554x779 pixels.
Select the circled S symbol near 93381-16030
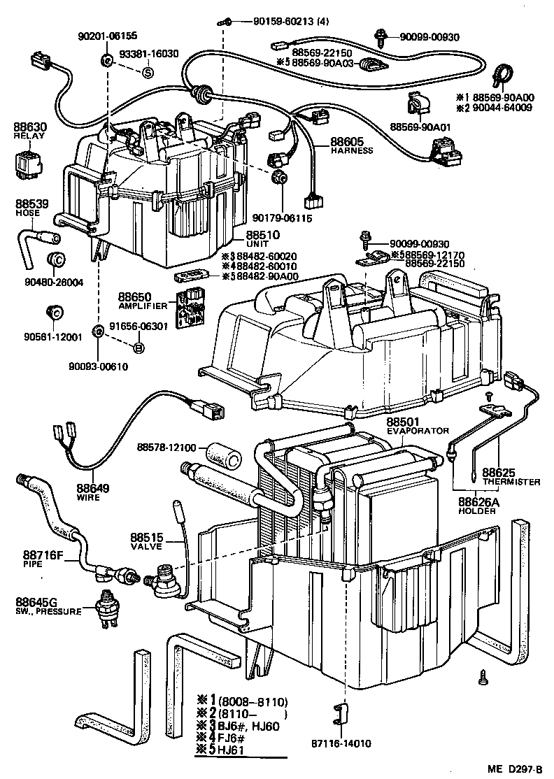pyautogui.click(x=148, y=71)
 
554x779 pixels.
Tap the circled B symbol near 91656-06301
pyautogui.click(x=138, y=348)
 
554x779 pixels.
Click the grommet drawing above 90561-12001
pyautogui.click(x=52, y=311)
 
